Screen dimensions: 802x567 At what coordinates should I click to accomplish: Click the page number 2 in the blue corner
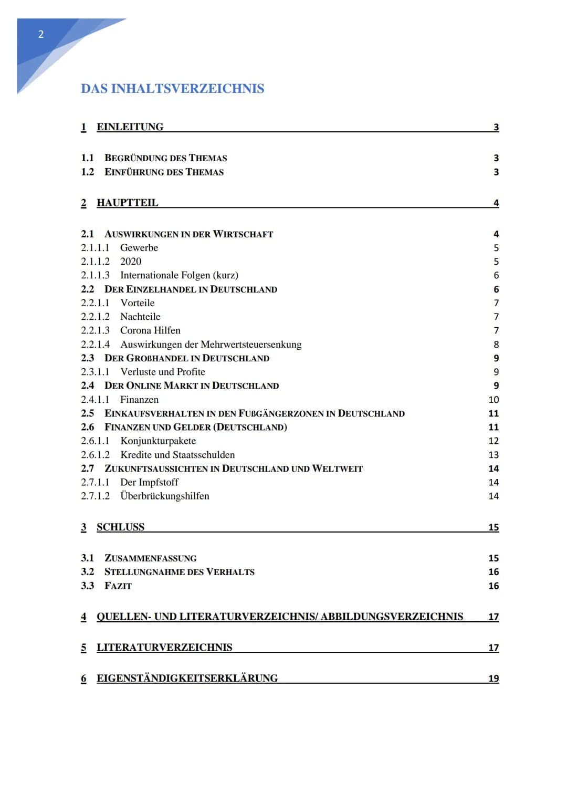pyautogui.click(x=41, y=35)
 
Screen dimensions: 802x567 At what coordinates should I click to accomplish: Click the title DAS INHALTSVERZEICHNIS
pyautogui.click(x=172, y=88)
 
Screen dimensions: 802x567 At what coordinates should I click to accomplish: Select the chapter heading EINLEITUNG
pyautogui.click(x=130, y=127)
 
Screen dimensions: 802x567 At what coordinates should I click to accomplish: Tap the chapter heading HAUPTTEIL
pyautogui.click(x=127, y=203)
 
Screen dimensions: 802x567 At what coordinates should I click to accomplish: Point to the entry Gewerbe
pyautogui.click(x=139, y=248)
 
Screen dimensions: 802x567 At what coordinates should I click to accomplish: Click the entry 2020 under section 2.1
pyautogui.click(x=131, y=262)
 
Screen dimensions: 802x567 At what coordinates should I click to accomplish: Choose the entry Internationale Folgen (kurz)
pyautogui.click(x=179, y=275)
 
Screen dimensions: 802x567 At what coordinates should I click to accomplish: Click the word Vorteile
pyautogui.click(x=137, y=303)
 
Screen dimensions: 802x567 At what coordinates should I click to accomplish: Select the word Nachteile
pyautogui.click(x=140, y=317)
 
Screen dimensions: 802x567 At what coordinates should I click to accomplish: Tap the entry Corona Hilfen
pyautogui.click(x=150, y=330)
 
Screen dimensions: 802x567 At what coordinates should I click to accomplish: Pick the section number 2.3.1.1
pyautogui.click(x=95, y=372)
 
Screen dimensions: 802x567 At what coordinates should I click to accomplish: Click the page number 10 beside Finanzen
pyautogui.click(x=493, y=400)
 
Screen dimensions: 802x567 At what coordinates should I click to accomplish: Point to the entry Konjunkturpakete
pyautogui.click(x=158, y=441)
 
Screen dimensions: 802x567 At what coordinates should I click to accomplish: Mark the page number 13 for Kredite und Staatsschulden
pyautogui.click(x=493, y=455)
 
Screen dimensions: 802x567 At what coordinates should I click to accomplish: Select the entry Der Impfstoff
pyautogui.click(x=149, y=482)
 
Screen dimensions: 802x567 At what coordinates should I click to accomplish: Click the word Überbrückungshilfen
pyautogui.click(x=164, y=496)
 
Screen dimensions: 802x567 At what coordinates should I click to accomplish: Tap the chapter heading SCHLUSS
pyautogui.click(x=120, y=527)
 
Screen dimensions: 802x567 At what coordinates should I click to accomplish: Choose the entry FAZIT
pyautogui.click(x=118, y=586)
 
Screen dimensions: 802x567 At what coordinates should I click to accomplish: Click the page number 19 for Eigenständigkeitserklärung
pyautogui.click(x=493, y=679)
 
